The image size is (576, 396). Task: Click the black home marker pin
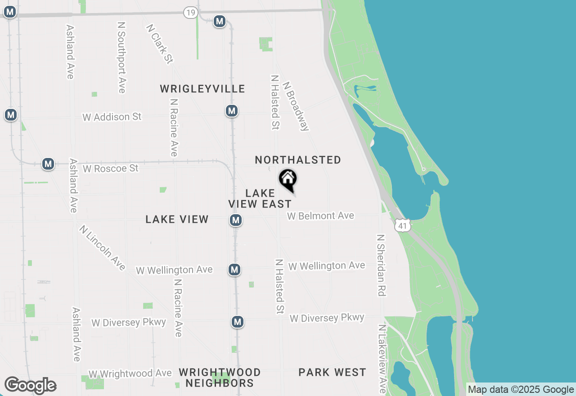(x=288, y=180)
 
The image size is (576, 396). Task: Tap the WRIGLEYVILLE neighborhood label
(x=202, y=89)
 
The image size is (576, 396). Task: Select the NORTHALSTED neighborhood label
(x=298, y=160)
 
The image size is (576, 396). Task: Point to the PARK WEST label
(x=332, y=372)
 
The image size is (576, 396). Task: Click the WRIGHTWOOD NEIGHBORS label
(x=220, y=378)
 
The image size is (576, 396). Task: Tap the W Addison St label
(x=112, y=117)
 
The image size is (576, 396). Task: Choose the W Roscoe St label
(x=111, y=168)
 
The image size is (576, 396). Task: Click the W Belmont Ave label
(x=320, y=216)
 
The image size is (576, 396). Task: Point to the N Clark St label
(x=159, y=44)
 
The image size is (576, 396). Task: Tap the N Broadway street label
(x=296, y=106)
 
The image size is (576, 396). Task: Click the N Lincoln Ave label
(x=102, y=247)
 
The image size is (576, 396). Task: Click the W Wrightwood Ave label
(x=130, y=373)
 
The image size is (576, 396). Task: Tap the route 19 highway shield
(x=190, y=13)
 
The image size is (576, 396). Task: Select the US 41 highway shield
(x=403, y=225)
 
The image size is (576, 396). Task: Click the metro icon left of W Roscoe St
(x=48, y=164)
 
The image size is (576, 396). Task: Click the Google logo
(x=30, y=385)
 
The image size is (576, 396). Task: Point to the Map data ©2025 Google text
(x=521, y=389)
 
